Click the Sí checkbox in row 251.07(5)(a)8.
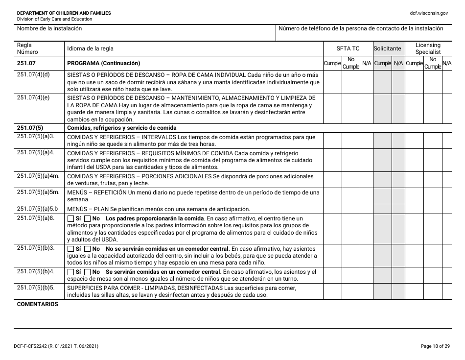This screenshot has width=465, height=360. (x=70, y=218)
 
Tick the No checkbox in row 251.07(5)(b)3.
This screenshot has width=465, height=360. (x=88, y=248)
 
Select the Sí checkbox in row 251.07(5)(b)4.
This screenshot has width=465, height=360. (x=70, y=272)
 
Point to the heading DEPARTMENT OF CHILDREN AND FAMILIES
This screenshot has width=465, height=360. (x=64, y=13)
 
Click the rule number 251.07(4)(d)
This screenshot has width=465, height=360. (x=33, y=74)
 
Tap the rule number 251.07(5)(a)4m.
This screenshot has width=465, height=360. (x=38, y=176)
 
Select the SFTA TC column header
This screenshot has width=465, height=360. (x=348, y=48)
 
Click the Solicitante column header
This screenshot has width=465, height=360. (x=387, y=48)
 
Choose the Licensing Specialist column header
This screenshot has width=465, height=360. (x=428, y=48)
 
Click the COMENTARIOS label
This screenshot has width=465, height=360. (x=38, y=304)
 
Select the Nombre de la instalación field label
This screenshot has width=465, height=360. (x=49, y=29)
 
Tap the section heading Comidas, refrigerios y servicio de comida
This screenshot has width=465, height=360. (x=115, y=128)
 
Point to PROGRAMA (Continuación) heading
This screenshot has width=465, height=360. (x=103, y=63)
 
